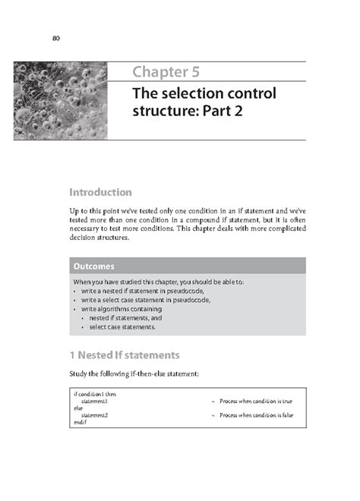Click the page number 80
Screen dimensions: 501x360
(x=56, y=39)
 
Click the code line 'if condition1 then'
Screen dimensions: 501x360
(x=95, y=394)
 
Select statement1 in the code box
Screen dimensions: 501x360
(x=95, y=401)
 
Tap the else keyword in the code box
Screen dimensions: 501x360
(x=78, y=408)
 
